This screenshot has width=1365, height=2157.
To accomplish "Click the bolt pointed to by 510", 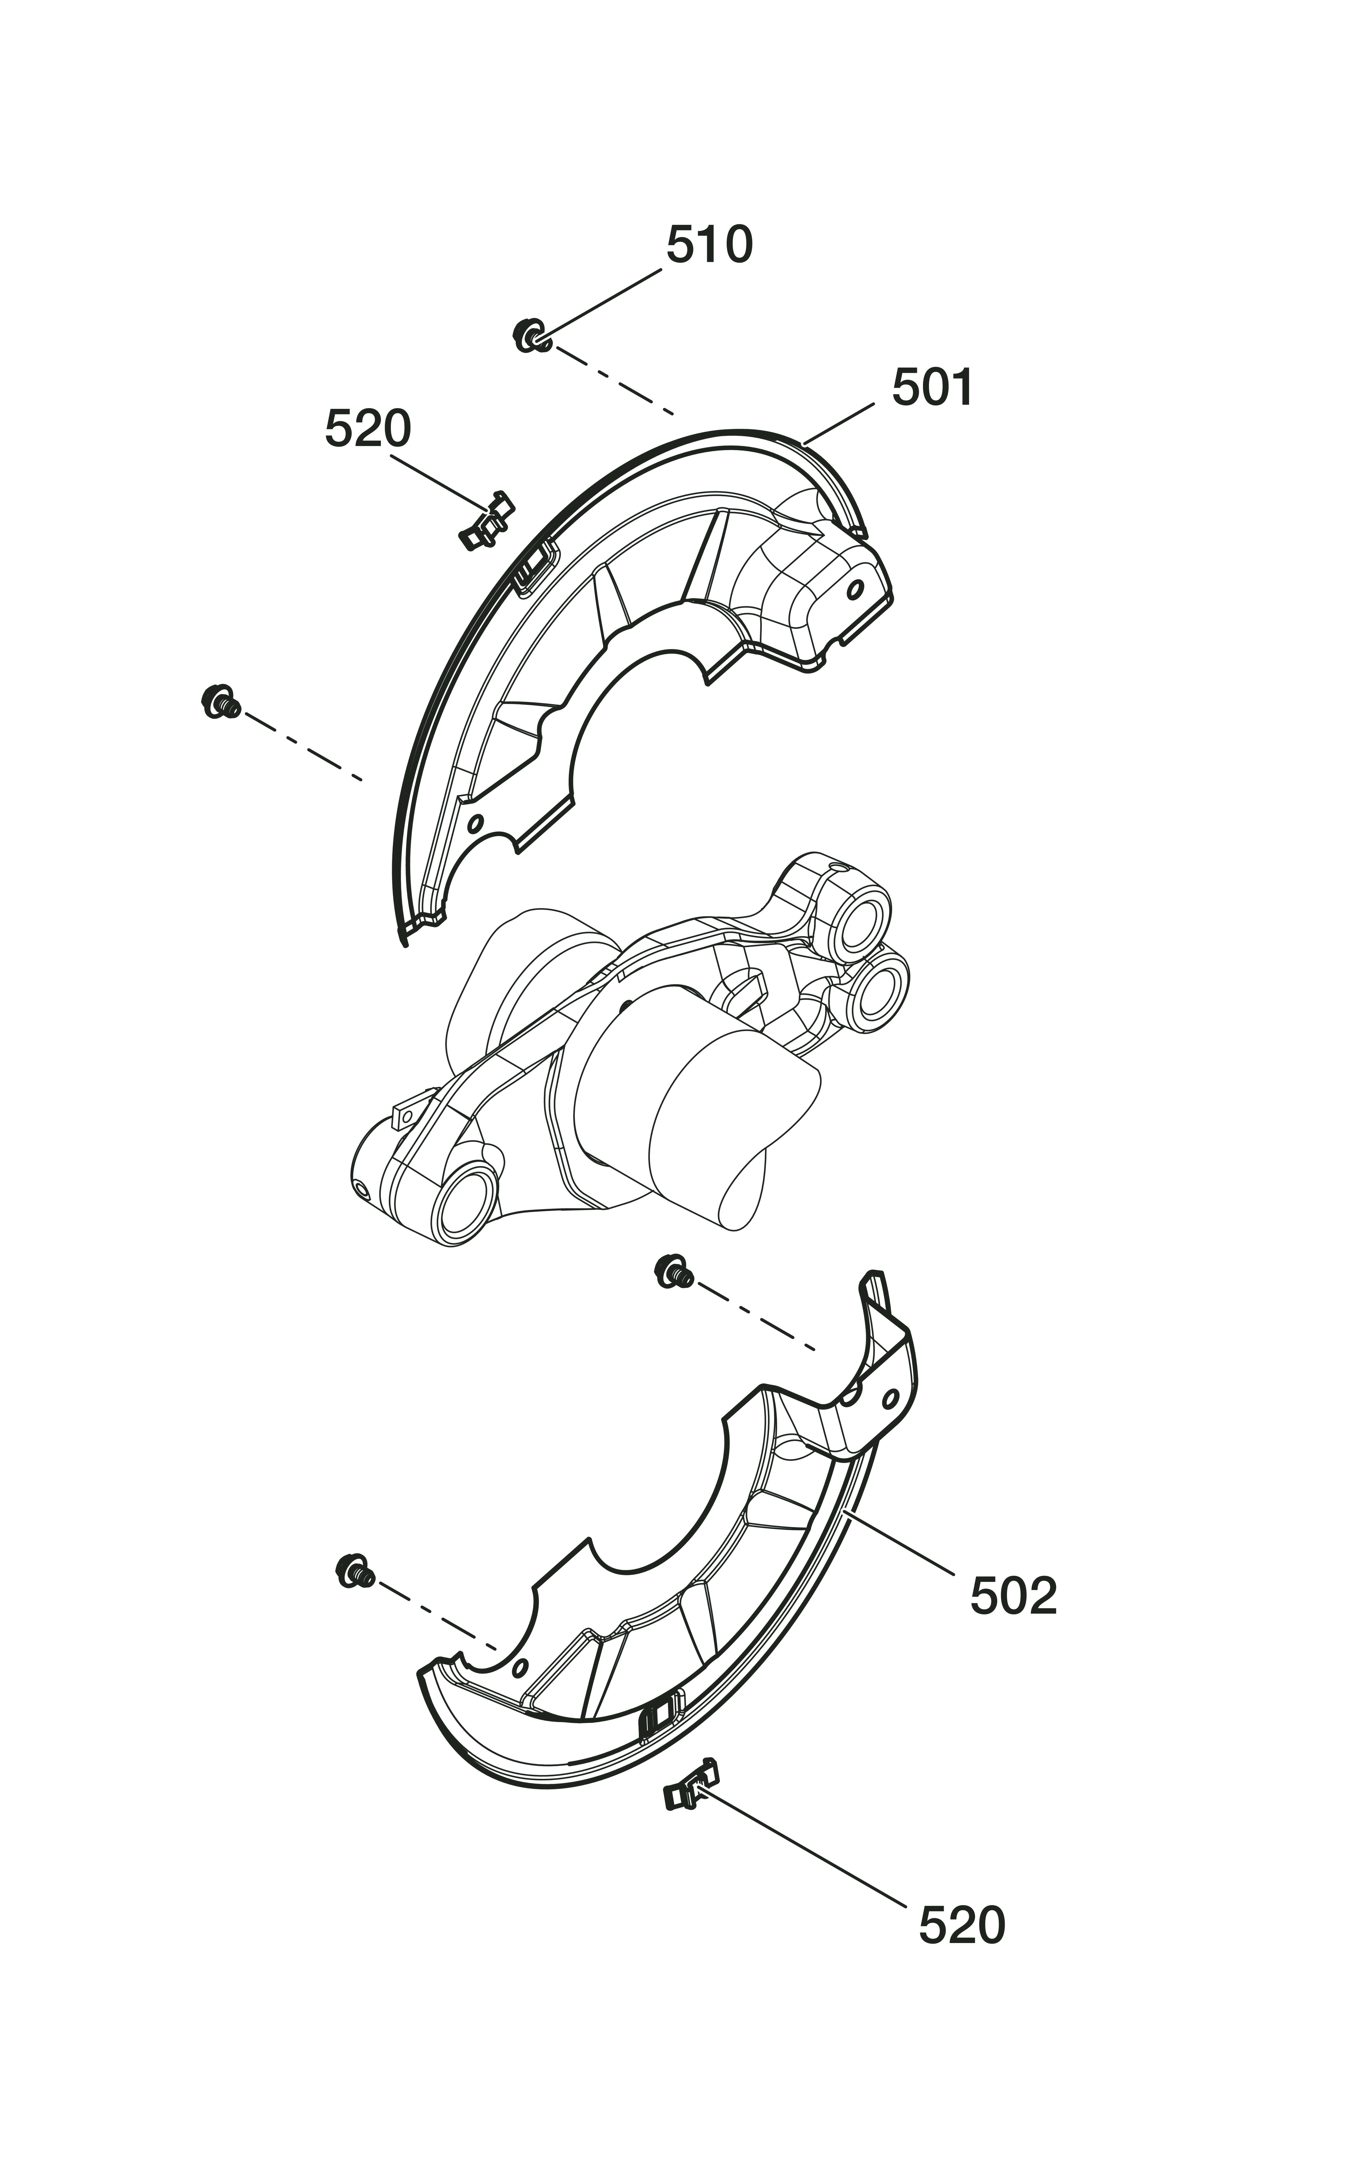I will pyautogui.click(x=531, y=335).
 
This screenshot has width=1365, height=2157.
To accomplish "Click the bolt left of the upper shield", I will pyautogui.click(x=219, y=700).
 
